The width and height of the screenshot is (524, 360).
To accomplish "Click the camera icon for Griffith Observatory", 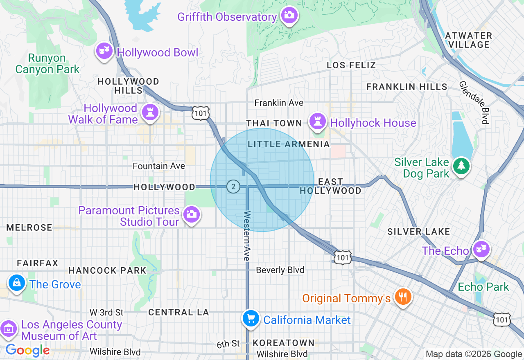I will tap(289, 15).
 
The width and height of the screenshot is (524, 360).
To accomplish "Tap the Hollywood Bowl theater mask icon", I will tap(105, 51).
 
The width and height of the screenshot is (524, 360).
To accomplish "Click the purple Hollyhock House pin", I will tap(318, 121).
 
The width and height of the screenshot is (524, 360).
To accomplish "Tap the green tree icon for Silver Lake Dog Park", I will tap(461, 166).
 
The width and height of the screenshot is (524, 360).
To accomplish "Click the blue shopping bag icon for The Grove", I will tap(17, 283).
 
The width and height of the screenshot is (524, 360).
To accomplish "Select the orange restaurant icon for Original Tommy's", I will tap(403, 297).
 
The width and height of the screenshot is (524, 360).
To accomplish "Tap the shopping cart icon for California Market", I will tap(251, 319).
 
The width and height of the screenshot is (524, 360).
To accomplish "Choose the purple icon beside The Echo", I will tap(481, 249).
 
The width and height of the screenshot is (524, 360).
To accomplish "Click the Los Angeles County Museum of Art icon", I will tap(8, 328).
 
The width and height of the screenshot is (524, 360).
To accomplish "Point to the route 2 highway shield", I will tap(233, 187).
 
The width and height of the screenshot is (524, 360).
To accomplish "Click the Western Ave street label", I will tap(247, 236).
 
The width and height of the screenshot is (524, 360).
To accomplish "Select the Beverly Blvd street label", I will tap(280, 270).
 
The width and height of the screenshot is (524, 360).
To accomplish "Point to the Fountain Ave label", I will tap(159, 166).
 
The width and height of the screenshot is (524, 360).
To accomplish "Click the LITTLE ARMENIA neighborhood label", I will tap(289, 144).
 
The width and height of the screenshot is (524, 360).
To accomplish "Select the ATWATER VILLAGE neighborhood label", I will tap(468, 40).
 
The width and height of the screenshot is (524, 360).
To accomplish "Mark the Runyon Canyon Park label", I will tap(47, 64).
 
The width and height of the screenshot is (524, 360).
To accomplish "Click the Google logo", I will tap(27, 350).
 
